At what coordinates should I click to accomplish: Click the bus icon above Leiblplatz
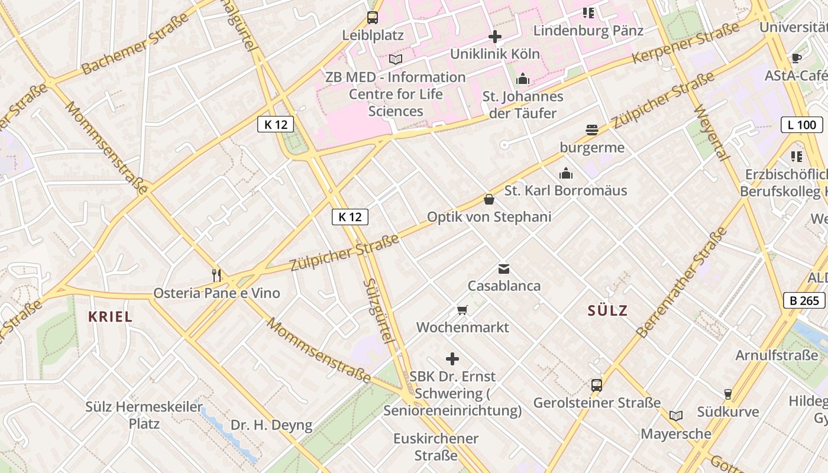click(x=372, y=17)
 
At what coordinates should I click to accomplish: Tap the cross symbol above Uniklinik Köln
click(x=495, y=37)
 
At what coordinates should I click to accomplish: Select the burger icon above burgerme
click(x=592, y=130)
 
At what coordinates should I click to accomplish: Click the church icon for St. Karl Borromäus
click(x=566, y=173)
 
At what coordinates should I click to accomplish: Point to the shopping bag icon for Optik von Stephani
click(x=489, y=199)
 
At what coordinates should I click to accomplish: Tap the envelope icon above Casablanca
click(x=503, y=269)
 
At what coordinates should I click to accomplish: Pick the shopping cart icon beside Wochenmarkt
click(x=462, y=310)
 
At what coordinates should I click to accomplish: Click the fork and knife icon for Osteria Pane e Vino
click(x=216, y=275)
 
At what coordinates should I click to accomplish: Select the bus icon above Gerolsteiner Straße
click(x=597, y=385)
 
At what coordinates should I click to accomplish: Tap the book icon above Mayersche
click(x=676, y=416)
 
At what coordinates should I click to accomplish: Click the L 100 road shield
click(x=801, y=125)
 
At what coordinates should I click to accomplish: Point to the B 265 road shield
click(x=804, y=300)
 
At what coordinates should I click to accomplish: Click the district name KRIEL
click(x=111, y=316)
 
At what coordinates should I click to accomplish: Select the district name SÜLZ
click(x=607, y=310)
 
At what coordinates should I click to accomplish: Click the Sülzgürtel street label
click(x=378, y=311)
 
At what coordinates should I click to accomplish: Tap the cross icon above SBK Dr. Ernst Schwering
click(x=452, y=359)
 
